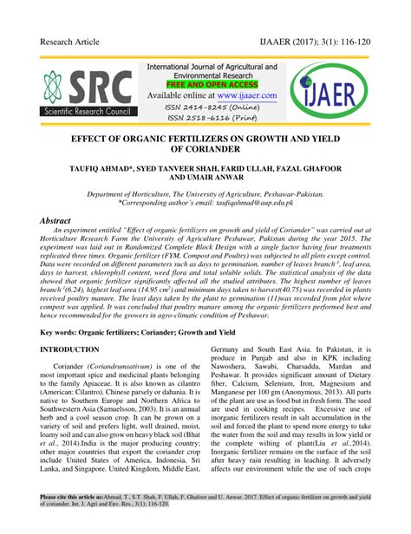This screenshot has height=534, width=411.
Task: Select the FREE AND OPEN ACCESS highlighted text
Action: (x=211, y=85)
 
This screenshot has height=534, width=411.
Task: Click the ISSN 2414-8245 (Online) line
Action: (x=212, y=107)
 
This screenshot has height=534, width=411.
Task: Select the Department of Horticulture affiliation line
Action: (x=205, y=195)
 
